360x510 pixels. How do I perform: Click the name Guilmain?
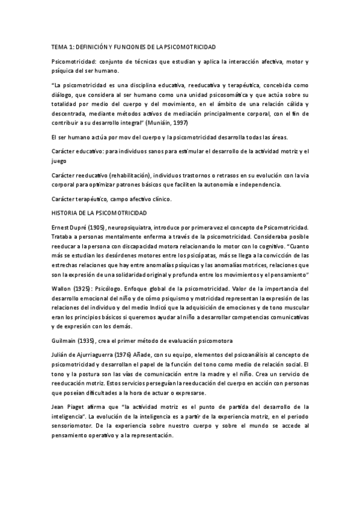tap(67, 340)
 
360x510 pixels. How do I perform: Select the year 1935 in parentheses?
tap(95, 340)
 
